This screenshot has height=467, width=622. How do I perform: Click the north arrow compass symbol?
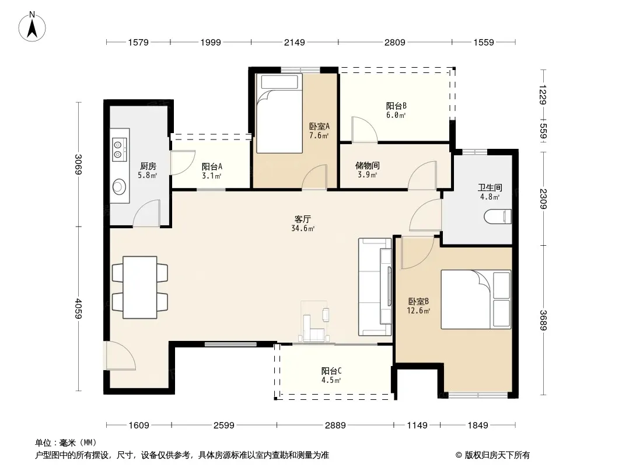32,27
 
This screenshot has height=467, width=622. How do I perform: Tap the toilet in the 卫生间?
498,217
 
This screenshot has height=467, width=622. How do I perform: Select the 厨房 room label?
148,166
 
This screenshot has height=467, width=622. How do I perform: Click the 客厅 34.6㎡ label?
303,224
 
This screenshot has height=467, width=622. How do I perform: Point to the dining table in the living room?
139,287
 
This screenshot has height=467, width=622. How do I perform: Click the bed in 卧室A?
279,113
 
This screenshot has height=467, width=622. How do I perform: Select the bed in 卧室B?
476,299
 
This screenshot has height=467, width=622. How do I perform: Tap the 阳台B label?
396,106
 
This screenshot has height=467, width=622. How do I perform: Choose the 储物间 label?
368,165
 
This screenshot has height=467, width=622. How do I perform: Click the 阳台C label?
331,371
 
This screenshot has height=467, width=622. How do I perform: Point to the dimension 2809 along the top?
394,42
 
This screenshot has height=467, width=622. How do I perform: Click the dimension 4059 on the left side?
79,308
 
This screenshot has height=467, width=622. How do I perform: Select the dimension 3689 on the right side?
543,320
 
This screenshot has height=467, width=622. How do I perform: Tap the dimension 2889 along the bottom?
335,426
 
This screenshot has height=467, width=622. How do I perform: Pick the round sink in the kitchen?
119,186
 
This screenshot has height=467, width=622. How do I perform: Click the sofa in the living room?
375,287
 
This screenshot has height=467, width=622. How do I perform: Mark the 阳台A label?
211,166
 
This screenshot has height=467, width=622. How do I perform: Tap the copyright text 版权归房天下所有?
497,455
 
